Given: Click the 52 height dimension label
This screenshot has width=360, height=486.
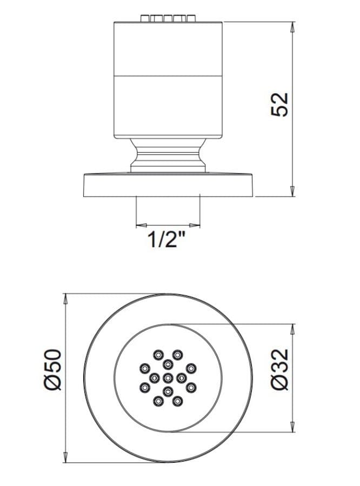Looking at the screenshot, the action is click(279, 104).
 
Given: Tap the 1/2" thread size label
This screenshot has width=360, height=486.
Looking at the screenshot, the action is click(167, 240).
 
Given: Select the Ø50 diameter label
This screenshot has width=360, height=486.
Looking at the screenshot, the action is click(53, 369).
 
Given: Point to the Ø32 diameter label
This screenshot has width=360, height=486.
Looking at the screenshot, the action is click(279, 369).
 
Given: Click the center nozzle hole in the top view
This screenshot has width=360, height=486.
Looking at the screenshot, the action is click(168, 377).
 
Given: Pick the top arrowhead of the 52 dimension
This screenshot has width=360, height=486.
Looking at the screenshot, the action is click(292, 28).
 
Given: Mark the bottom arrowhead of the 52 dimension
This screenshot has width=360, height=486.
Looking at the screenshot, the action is click(292, 191).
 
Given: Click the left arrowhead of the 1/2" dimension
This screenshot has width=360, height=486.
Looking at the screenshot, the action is click(142, 225).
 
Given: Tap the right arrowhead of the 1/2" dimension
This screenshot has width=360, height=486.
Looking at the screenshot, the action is click(195, 225).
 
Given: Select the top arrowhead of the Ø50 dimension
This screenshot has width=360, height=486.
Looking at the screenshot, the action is click(65, 299).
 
